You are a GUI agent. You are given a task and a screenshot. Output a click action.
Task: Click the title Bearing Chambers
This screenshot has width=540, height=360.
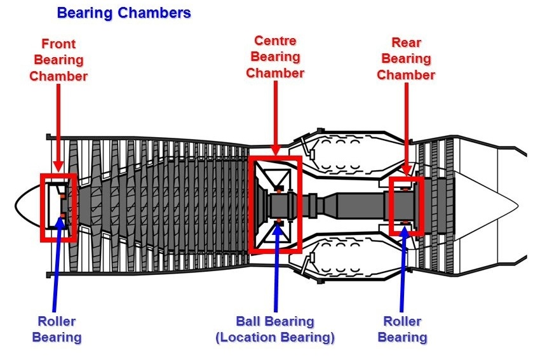(124, 13)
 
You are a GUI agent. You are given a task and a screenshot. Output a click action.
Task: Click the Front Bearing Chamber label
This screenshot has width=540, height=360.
(58, 60)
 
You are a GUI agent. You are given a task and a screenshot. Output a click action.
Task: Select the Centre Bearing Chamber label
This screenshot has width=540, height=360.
(275, 57)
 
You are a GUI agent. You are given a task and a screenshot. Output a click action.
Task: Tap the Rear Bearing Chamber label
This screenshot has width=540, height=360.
(406, 59)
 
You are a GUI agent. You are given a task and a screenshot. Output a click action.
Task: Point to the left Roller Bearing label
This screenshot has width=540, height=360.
(57, 329)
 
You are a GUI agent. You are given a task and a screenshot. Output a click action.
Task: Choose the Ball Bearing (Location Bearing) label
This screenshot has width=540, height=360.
(275, 329)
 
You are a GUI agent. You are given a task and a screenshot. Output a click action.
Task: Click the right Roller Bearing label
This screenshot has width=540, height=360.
(402, 329)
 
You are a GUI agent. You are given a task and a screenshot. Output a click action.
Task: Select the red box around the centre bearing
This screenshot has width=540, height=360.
(252, 203)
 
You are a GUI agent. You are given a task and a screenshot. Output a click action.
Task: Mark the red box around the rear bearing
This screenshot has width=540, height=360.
(391, 206)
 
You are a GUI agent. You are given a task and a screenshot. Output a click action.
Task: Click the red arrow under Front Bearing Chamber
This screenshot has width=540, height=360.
(58, 127)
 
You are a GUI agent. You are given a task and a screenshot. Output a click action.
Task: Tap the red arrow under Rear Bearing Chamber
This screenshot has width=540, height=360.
(407, 127)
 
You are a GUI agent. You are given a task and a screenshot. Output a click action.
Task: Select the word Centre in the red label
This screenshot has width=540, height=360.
(276, 41)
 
